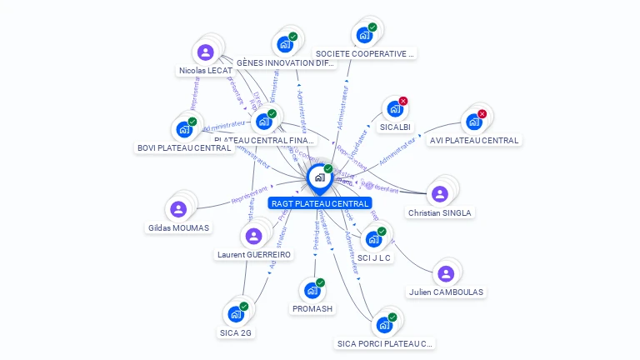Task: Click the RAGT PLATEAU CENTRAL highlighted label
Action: click(320, 203)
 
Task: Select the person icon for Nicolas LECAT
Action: click(206, 52)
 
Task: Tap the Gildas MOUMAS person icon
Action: click(178, 209)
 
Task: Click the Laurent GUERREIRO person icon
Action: click(254, 236)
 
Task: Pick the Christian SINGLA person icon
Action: click(440, 194)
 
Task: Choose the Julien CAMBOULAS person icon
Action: click(446, 273)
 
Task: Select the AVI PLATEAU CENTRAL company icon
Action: click(473, 122)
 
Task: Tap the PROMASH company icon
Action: click(312, 290)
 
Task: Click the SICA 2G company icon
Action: click(235, 314)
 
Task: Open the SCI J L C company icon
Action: click(373, 239)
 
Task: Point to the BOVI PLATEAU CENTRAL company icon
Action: click(183, 130)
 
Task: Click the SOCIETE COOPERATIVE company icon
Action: click(364, 35)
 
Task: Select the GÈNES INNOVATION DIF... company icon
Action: click(285, 44)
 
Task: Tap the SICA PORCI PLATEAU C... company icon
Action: click(384, 324)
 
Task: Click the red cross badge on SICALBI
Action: click(403, 101)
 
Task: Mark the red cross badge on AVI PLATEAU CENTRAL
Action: click(482, 114)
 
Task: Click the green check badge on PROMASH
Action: click(320, 282)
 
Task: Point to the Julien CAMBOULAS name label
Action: click(446, 292)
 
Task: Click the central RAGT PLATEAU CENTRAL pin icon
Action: click(319, 177)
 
